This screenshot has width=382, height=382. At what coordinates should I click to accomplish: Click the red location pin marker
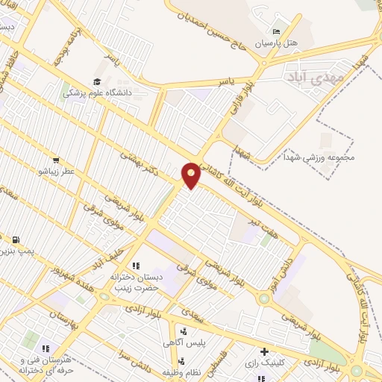click(x=191, y=175)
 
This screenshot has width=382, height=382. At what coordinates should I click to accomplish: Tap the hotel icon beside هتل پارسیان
click(x=277, y=32)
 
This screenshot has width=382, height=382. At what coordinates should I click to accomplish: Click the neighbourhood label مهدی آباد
click(x=316, y=75)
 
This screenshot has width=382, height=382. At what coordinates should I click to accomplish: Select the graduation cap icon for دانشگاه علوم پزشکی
click(x=97, y=81)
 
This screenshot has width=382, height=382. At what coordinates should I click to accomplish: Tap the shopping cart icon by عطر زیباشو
click(x=56, y=160)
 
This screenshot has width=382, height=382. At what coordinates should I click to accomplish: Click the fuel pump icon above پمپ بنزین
click(x=16, y=239)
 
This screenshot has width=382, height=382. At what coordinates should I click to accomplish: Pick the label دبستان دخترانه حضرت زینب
click(x=136, y=281)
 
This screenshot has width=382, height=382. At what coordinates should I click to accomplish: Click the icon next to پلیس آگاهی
click(x=184, y=331)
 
